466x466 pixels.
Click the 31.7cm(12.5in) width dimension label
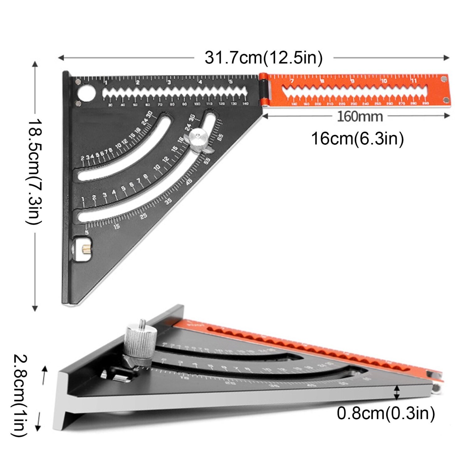coord(263,58)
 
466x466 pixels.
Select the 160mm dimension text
coord(360,116)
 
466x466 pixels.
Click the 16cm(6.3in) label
coord(357,139)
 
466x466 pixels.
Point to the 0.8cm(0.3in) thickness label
coord(386,413)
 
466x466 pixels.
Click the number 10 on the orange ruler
coord(384,81)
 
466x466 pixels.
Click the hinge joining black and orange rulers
coord(263,90)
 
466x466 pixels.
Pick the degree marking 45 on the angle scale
coord(189,182)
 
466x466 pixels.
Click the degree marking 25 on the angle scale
coord(144,216)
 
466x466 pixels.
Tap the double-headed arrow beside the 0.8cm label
coord(397,393)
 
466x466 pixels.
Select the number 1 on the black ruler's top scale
coord(106,83)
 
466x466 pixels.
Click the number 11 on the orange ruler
coord(414,81)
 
